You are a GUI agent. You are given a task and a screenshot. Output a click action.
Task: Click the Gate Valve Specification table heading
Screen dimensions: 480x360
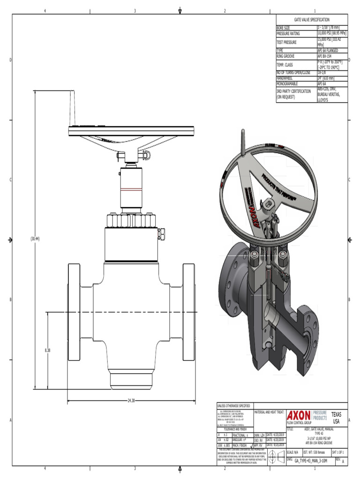[x=312, y=20]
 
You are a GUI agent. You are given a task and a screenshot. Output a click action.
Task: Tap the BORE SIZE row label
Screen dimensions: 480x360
[x=284, y=28]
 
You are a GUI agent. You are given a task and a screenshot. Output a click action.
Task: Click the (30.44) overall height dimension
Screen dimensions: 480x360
[x=35, y=239]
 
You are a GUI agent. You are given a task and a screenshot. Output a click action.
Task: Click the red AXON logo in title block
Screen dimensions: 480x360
[x=299, y=416]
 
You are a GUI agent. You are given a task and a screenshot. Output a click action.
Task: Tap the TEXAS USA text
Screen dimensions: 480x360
[x=336, y=418]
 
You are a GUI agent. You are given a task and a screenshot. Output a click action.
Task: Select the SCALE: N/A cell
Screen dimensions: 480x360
[x=293, y=452]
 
